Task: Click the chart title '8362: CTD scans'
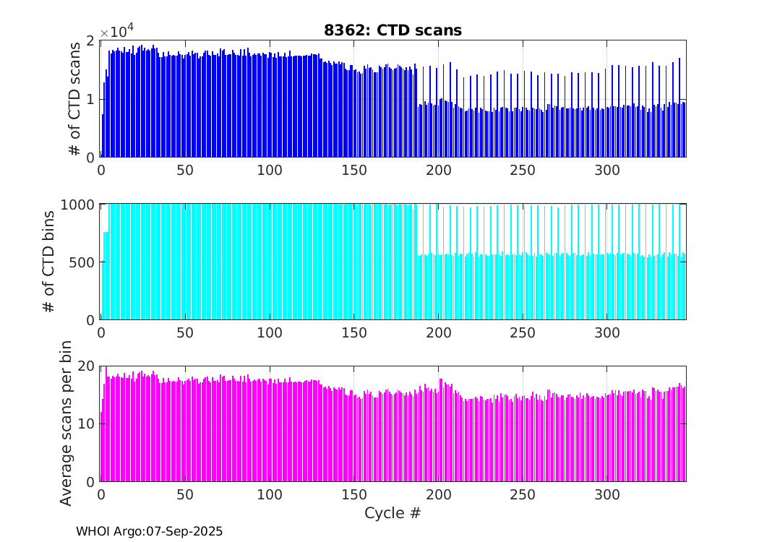coord(393,30)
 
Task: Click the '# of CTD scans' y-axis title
coord(74,98)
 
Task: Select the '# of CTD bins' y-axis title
coord(49,261)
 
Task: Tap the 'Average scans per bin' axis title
coord(66,423)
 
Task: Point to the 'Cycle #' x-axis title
coord(393,514)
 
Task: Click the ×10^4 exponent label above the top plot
coord(116,32)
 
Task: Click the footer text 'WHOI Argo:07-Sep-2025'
coord(150,531)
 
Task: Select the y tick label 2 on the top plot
coord(90,40)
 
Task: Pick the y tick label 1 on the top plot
coord(90,99)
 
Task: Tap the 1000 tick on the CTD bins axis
coord(79,204)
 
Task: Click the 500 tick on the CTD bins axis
coord(82,262)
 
